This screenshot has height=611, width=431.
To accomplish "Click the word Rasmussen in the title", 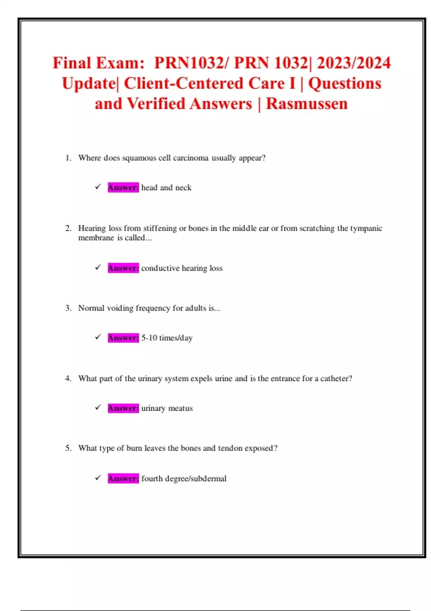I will [307, 104].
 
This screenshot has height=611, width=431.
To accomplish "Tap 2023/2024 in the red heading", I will [353, 63].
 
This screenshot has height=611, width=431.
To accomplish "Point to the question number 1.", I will [68, 158].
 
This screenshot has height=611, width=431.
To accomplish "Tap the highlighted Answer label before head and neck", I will [123, 188].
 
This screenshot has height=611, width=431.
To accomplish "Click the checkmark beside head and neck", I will [98, 187].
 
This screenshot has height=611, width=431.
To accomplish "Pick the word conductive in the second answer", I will [160, 268].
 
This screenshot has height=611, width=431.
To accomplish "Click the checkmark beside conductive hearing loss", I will [98, 267].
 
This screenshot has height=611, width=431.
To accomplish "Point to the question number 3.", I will [68, 308].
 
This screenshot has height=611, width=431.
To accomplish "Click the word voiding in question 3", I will [120, 308].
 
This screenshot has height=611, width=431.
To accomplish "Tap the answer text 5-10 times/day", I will [167, 338].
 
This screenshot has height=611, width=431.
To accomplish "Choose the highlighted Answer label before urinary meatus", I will [123, 408].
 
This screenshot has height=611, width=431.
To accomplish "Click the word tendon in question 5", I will [230, 448].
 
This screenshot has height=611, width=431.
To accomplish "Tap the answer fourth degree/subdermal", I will [184, 479].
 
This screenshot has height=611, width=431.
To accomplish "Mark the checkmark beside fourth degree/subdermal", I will [98, 478].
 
